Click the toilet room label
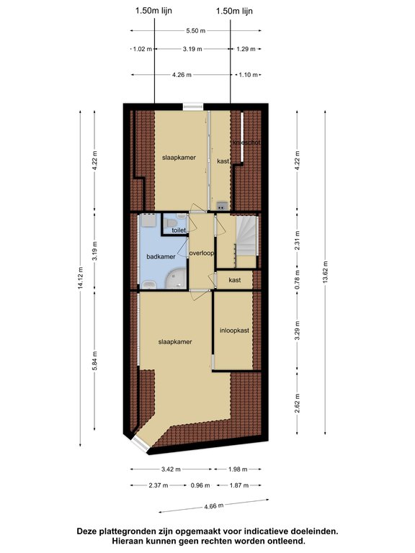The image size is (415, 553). (x=179, y=230)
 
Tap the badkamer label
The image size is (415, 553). (x=161, y=256)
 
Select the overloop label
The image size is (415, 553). (x=202, y=253)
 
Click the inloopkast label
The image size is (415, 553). (x=234, y=331)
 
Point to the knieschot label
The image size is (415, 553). (x=246, y=143)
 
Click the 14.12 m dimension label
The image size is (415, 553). (x=81, y=278)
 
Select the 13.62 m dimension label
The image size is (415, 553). (x=326, y=272)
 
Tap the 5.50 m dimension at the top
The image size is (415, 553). (x=195, y=31)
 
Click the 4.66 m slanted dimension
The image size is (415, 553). (x=214, y=506)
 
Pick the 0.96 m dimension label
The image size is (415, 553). (x=200, y=485)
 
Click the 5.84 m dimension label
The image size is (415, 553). (x=94, y=361)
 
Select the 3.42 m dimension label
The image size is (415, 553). (x=171, y=469)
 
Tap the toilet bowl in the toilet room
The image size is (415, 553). (x=171, y=223)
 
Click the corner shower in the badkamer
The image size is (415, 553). (x=176, y=279)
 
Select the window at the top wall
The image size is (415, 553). (x=194, y=106)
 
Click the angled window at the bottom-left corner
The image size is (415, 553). (x=140, y=444)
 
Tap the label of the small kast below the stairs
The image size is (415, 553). (x=234, y=280)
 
